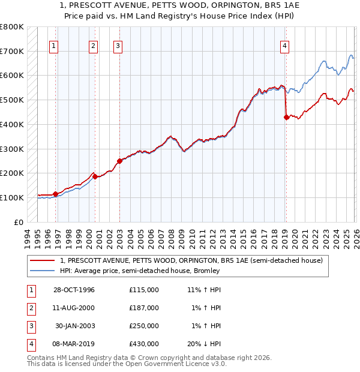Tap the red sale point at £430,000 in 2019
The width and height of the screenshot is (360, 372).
286,118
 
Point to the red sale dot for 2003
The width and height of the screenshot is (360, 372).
119,161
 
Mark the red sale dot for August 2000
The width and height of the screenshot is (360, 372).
95,176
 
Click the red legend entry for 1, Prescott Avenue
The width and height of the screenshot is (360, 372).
191,260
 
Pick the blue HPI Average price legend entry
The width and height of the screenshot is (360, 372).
140,271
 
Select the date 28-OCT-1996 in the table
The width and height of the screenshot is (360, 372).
74,290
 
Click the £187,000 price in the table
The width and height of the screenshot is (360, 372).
144,308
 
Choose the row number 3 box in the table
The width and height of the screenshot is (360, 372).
30,326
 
